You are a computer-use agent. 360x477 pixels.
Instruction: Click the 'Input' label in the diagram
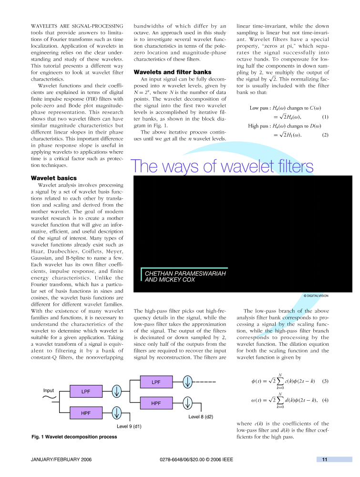[x=49, y=390]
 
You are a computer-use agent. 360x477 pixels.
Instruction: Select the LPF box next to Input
[x=86, y=392]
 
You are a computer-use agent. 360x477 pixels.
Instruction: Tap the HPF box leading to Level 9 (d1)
[x=86, y=413]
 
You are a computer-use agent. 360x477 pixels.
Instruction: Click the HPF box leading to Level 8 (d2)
[x=156, y=403]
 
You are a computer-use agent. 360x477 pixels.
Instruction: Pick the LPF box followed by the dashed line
[x=156, y=382]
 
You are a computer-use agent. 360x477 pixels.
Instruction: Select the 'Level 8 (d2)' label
[x=201, y=416]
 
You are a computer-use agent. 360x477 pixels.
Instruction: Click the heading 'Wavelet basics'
[x=53, y=178]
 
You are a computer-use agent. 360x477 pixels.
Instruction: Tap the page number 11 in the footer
[x=324, y=459]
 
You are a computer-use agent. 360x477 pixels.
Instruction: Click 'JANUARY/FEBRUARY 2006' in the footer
[x=61, y=460]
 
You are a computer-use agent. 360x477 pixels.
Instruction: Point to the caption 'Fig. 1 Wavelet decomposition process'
[x=74, y=436]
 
